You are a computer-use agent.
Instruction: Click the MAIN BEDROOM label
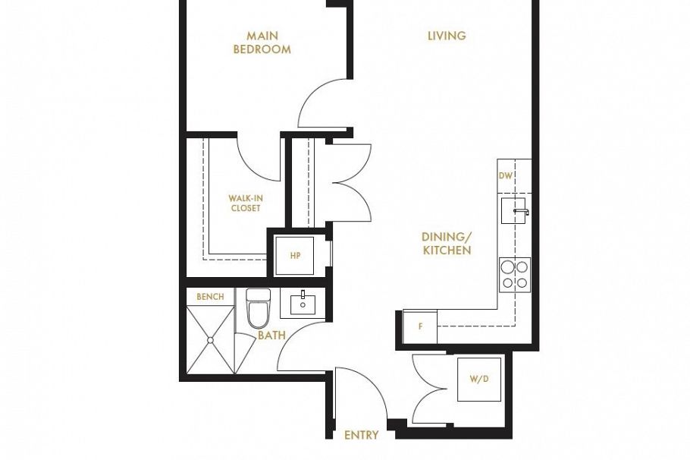262,43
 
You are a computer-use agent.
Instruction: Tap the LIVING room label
447,36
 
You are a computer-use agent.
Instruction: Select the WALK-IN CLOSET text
245,203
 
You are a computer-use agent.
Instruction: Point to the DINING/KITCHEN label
447,244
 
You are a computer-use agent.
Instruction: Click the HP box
296,255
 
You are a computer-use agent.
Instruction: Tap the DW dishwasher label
506,175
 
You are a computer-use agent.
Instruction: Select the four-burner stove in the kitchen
515,274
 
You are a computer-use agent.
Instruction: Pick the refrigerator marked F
420,327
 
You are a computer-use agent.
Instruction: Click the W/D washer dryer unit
478,379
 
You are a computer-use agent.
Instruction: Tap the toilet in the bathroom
258,307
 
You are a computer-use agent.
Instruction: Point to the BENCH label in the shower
210,297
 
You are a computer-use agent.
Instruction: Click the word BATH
271,335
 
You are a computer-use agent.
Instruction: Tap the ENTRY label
361,435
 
